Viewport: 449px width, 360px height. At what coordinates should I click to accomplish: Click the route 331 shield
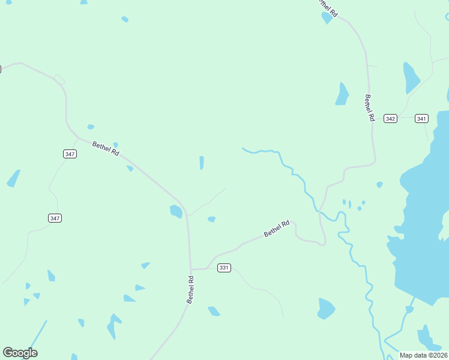[224, 268]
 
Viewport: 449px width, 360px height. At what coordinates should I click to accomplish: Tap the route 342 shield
[391, 119]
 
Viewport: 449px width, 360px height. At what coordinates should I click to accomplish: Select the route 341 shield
[421, 119]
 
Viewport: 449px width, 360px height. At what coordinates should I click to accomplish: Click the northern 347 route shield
[70, 154]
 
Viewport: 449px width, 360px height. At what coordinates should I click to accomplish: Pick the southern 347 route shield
[55, 218]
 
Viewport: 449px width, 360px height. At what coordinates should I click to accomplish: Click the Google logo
[20, 353]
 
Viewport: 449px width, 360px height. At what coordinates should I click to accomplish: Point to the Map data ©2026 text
[423, 355]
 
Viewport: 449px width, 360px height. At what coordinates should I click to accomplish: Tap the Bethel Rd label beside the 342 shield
[369, 108]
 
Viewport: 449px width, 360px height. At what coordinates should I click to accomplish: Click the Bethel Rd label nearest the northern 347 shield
[106, 148]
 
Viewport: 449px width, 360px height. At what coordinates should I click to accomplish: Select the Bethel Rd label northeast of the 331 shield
[277, 228]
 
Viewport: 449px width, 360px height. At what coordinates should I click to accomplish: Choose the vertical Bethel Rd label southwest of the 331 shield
[190, 289]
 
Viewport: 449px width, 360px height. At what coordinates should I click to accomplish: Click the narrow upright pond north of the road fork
[202, 163]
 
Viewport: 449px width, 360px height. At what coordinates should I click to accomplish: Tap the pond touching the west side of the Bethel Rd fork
[176, 211]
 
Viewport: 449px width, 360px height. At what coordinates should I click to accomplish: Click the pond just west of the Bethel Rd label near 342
[342, 94]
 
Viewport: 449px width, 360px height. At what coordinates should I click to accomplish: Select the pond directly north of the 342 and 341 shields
[411, 78]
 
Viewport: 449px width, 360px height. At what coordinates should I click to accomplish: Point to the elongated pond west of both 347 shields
[13, 178]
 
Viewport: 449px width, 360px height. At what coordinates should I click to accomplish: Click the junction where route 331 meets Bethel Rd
[191, 269]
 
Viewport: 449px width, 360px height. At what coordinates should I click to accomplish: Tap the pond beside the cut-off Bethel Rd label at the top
[327, 17]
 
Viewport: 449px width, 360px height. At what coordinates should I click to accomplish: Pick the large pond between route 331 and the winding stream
[326, 308]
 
